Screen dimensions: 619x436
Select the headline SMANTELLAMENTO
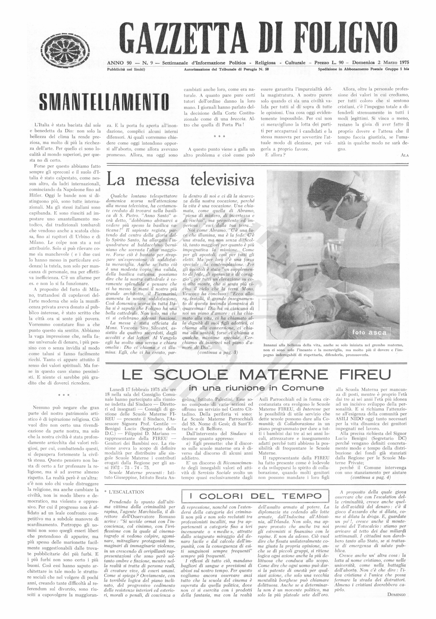tap(104, 102)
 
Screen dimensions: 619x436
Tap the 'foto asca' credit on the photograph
tap(369, 332)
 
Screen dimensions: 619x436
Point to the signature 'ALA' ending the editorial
tap(404, 155)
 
